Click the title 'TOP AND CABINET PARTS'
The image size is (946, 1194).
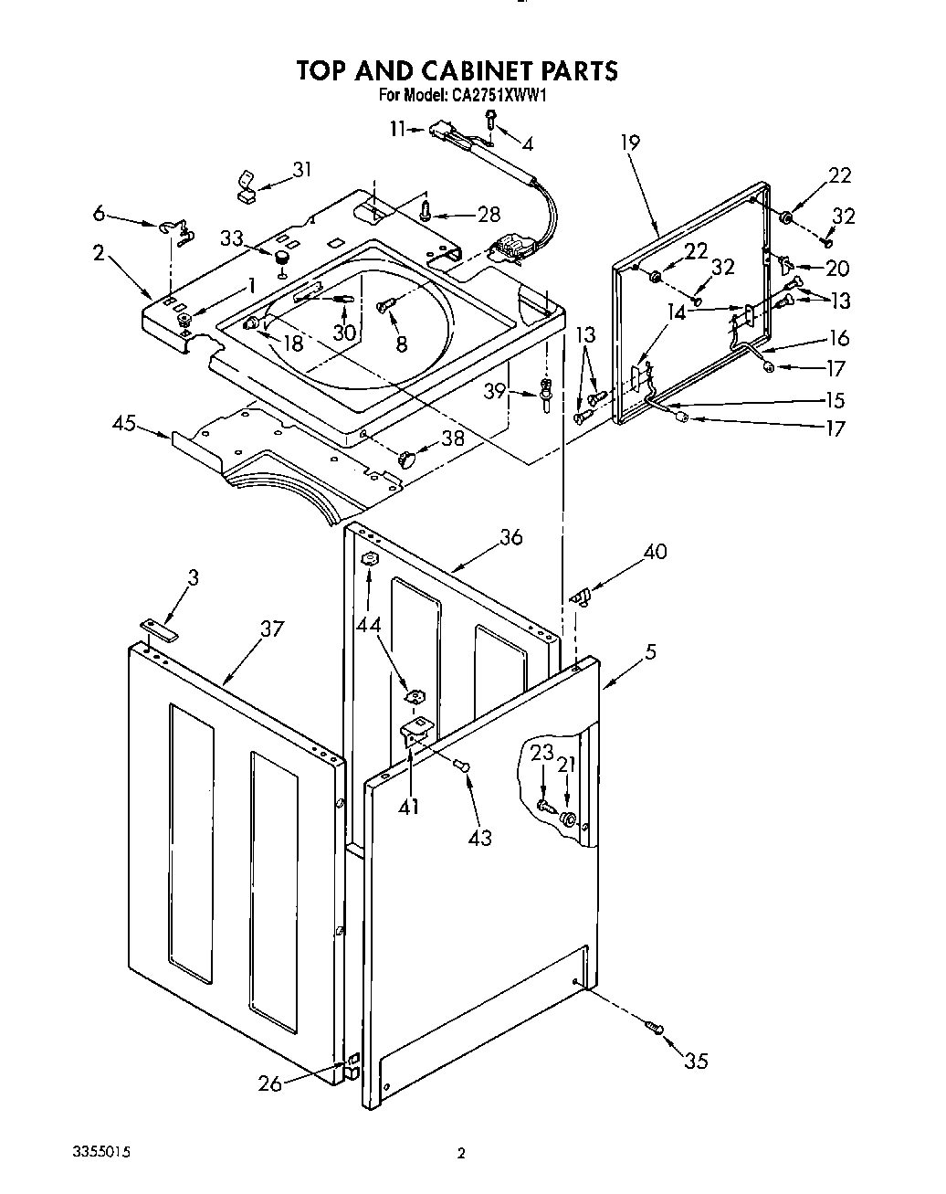[x=457, y=70]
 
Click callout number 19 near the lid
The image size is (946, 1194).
[x=629, y=143]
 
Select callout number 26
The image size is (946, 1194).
[x=269, y=1083]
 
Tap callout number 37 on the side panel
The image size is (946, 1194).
[x=271, y=629]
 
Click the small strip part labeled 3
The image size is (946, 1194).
[x=161, y=624]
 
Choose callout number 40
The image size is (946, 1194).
[x=655, y=551]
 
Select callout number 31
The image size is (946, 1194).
[x=301, y=169]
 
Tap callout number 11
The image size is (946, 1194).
[x=395, y=129]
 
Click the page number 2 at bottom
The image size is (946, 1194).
[x=461, y=1154]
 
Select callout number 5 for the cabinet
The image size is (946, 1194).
[x=650, y=651]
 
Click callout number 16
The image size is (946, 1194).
[x=838, y=338]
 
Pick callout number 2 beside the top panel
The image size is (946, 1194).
[x=99, y=253]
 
